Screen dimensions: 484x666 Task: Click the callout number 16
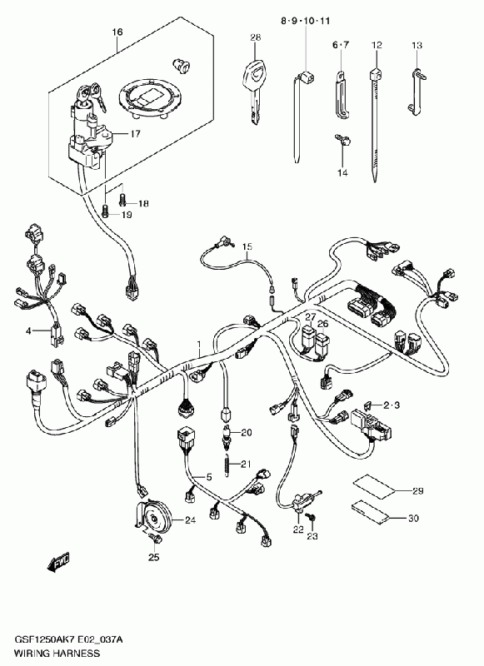117,32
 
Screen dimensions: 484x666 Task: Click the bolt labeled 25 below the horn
156,539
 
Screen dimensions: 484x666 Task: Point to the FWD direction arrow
58,564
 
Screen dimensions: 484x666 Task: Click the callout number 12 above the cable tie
377,45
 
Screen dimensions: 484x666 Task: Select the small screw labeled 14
342,140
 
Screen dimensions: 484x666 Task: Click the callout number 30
413,518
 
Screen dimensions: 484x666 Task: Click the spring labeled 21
227,465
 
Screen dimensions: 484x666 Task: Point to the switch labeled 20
227,435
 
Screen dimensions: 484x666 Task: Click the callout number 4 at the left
28,331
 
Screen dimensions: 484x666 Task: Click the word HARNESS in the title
76,653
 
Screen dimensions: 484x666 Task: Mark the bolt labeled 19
106,210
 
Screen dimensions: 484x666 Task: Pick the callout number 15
247,246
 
